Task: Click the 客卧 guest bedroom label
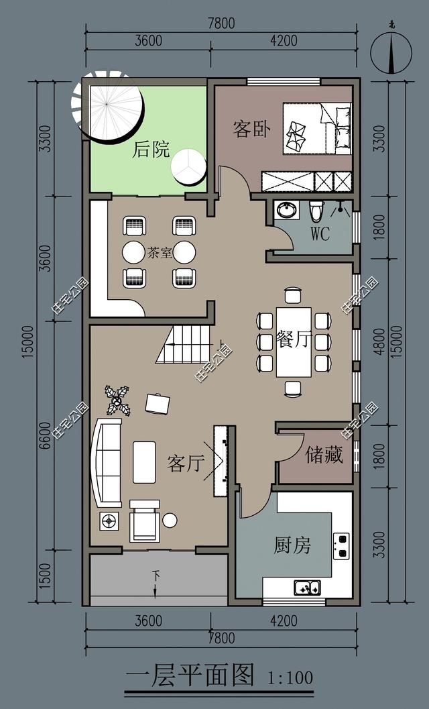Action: pyautogui.click(x=251, y=129)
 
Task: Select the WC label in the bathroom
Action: pyautogui.click(x=320, y=234)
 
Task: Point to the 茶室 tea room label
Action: pyautogui.click(x=159, y=253)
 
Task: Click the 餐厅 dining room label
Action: pyautogui.click(x=294, y=339)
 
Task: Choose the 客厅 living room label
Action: pyautogui.click(x=185, y=463)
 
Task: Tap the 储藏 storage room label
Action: pyautogui.click(x=324, y=455)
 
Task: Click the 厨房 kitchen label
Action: pyautogui.click(x=292, y=545)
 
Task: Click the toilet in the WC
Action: pyautogui.click(x=316, y=211)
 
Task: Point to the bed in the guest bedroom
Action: pyautogui.click(x=316, y=127)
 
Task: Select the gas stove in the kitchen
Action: pyautogui.click(x=341, y=545)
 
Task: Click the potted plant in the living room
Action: pyautogui.click(x=119, y=400)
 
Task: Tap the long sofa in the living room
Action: pyautogui.click(x=107, y=462)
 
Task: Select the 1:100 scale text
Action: pyautogui.click(x=290, y=677)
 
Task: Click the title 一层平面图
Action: pyautogui.click(x=190, y=675)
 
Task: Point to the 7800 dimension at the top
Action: pyautogui.click(x=221, y=23)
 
